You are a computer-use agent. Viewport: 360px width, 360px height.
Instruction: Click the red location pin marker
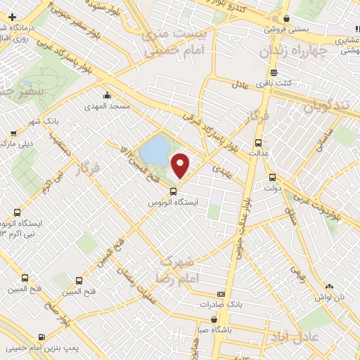click(x=181, y=164)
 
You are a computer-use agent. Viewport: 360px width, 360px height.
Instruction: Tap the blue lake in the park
click(x=154, y=148)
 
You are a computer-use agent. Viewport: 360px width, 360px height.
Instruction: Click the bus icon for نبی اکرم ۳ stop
click(x=17, y=212)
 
